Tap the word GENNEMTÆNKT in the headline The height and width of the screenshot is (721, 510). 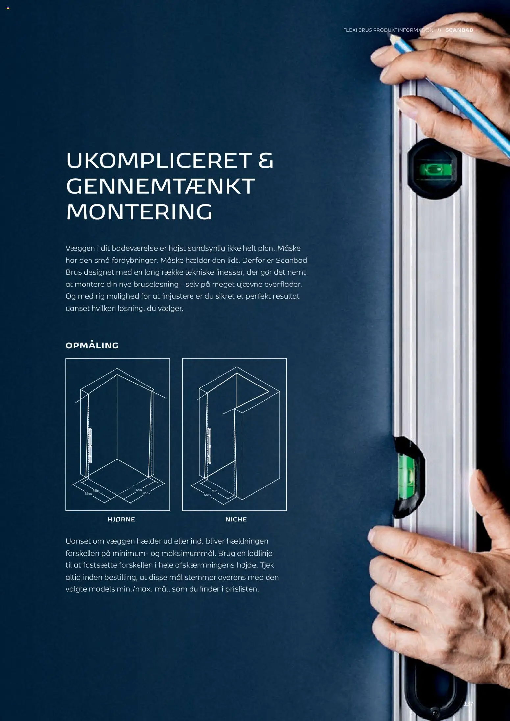[161, 186]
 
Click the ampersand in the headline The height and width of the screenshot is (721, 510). [266, 161]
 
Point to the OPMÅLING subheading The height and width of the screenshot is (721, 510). [92, 345]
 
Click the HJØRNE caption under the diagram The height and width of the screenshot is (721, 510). [121, 519]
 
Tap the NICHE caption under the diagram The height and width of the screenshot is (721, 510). [236, 519]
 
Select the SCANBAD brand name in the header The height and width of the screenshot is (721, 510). [459, 30]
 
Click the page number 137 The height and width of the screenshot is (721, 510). [468, 704]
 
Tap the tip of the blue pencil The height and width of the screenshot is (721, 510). [390, 36]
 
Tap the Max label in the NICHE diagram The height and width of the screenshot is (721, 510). [207, 495]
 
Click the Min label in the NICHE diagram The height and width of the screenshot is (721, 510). [214, 491]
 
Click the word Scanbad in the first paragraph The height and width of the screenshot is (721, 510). [291, 260]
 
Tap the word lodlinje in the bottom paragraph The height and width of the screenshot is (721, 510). [260, 553]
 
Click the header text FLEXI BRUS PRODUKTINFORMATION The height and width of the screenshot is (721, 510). [388, 30]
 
